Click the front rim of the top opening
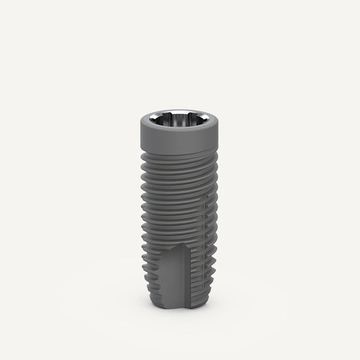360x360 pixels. pyautogui.click(x=179, y=130)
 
